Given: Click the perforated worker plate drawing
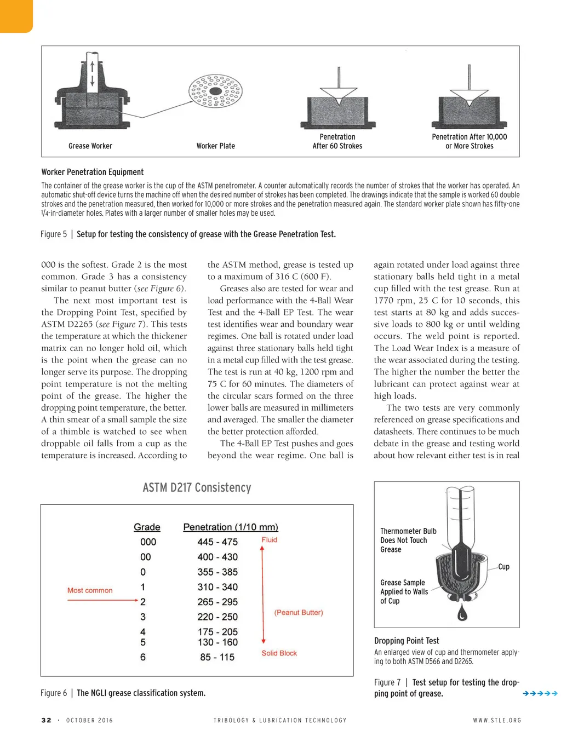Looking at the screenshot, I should tap(216, 91).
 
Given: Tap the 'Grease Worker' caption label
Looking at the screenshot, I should tap(90, 146).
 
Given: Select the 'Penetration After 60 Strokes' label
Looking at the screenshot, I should tap(337, 141).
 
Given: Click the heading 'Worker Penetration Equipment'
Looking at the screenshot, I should tap(93, 172).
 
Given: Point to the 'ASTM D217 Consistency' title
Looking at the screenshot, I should tap(197, 487).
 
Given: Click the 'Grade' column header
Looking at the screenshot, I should tap(147, 527).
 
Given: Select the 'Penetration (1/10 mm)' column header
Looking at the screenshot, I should tap(231, 527).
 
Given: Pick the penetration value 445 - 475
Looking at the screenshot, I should tap(217, 542).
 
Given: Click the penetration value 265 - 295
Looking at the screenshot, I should tap(217, 602).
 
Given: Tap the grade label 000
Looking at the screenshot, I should tap(148, 542).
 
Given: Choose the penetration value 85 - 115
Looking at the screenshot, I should tap(217, 657).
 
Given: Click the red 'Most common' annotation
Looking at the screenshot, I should tap(90, 590).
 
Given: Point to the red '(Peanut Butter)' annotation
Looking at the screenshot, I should tap(299, 612).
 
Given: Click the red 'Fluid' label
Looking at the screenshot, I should tap(270, 539).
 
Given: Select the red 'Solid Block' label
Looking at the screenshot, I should tap(279, 653).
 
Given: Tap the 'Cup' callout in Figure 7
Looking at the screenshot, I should tap(504, 567).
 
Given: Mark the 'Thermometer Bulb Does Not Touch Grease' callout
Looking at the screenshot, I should tap(408, 540).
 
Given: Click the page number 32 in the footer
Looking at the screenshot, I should tap(47, 720).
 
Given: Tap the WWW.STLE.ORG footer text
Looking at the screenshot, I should tap(497, 720).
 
